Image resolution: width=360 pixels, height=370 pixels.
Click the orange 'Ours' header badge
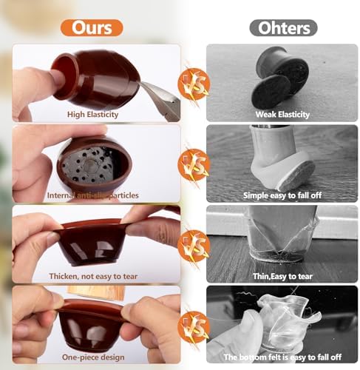[x=92, y=28]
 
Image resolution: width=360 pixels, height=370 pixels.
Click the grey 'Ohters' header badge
[x=283, y=28]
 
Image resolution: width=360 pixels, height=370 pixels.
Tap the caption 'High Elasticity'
[x=92, y=115]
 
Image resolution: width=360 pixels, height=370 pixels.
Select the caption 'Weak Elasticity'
[x=282, y=115]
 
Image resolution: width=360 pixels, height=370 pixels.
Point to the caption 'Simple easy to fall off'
[x=282, y=195]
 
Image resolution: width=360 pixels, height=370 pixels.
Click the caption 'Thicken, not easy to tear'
[x=93, y=276]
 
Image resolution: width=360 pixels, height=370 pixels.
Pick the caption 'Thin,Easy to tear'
[x=282, y=276]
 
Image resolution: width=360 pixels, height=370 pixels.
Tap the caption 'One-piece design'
[x=93, y=357]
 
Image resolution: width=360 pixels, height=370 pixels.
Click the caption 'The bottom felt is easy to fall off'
[x=282, y=357]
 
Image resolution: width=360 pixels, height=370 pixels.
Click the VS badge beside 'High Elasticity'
[x=194, y=84]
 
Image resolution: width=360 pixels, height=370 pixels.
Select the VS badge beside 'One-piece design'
[x=194, y=327]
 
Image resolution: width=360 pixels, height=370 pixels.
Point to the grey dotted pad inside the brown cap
[x=89, y=165]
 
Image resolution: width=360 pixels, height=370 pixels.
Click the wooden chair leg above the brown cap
[x=97, y=293]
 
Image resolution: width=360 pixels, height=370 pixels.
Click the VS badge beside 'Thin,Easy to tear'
[x=194, y=246]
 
